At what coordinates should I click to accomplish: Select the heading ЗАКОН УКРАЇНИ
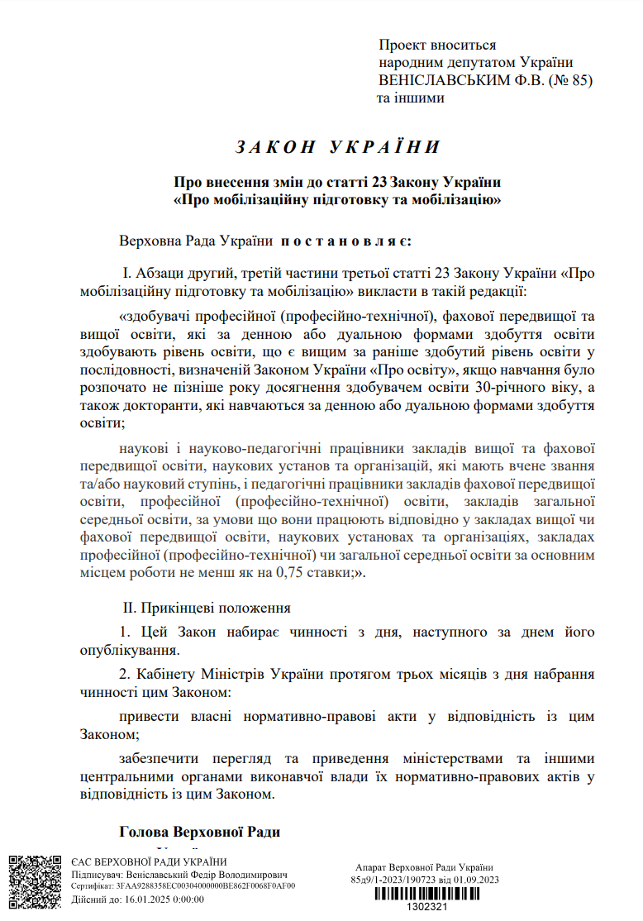pos(337,147)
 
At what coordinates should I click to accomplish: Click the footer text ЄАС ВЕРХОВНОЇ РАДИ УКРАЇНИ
pos(138,861)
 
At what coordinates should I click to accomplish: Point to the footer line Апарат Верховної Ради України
pos(424,866)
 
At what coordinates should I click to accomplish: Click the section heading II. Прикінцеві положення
pos(207,608)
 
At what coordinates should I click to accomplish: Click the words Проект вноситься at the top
pos(437,45)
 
